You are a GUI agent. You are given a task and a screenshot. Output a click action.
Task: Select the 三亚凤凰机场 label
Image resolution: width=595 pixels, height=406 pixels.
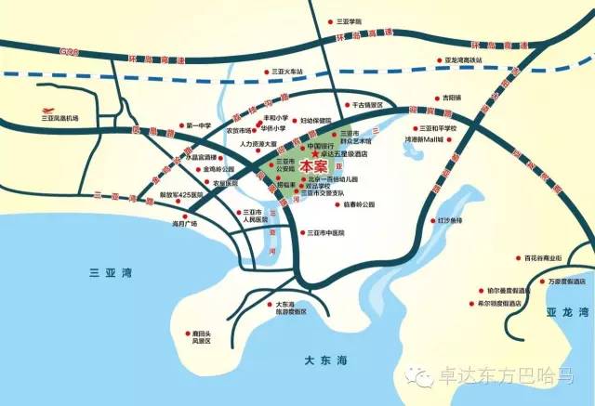(x=60, y=118)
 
